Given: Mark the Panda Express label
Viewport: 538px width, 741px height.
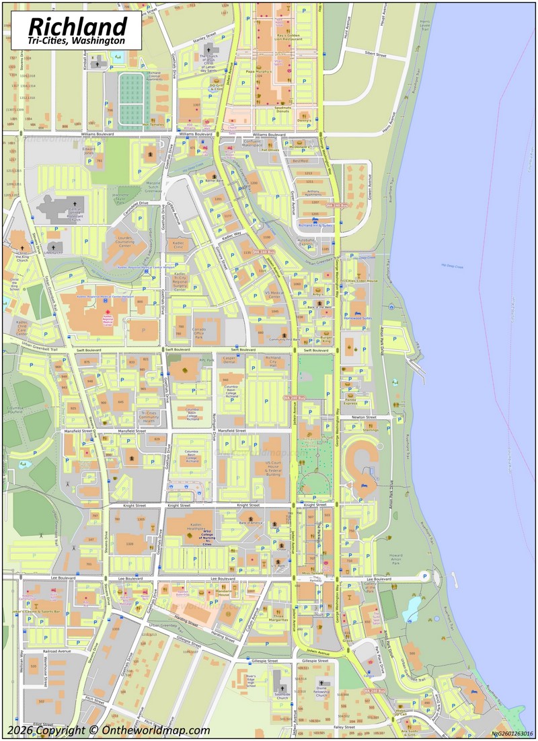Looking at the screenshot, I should (358, 401).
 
